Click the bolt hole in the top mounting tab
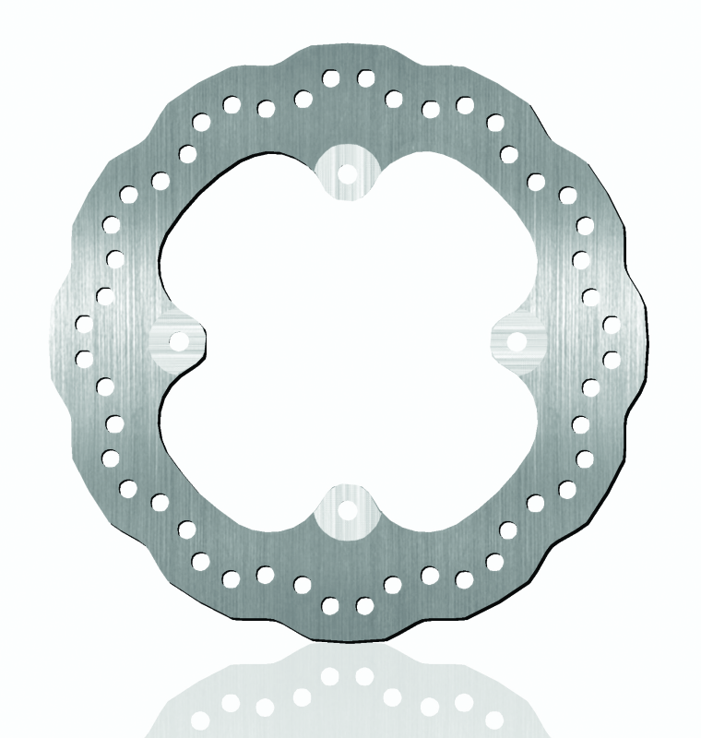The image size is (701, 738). tap(348, 172)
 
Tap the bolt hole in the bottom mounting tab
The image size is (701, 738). tap(348, 508)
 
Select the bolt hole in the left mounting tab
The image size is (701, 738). tap(179, 341)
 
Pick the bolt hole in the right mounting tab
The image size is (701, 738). tap(516, 341)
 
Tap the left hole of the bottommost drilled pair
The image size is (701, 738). tap(331, 605)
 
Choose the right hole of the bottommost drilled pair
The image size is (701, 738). tap(365, 605)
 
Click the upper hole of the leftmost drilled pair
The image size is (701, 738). tap(84, 323)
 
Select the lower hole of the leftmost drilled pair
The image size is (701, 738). tap(84, 358)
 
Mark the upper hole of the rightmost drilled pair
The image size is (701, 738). tap(611, 324)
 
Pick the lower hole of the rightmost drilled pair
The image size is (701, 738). tap(611, 358)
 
